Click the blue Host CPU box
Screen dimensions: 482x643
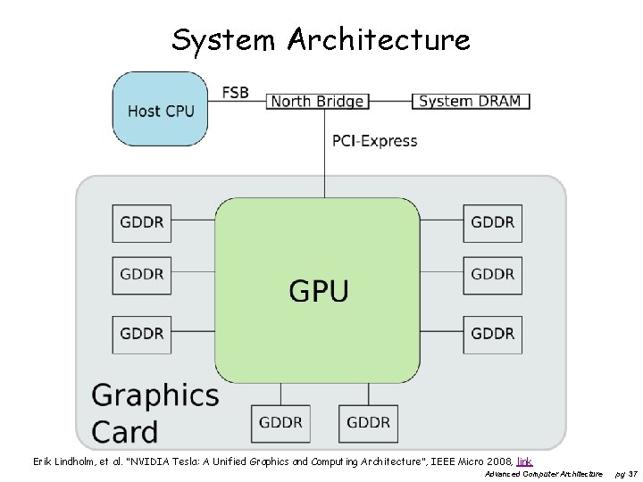click(x=160, y=109)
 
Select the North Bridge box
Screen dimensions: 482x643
click(x=317, y=102)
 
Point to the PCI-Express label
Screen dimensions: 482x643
click(x=374, y=140)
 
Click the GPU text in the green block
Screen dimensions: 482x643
click(x=318, y=290)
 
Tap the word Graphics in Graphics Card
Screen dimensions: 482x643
click(x=155, y=395)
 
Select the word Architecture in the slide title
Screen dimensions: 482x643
click(x=379, y=39)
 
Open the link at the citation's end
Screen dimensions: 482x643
click(x=524, y=461)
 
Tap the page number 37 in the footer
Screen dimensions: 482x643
click(x=633, y=473)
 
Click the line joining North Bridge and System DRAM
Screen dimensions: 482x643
click(x=389, y=101)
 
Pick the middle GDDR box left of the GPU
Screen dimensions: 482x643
click(x=142, y=275)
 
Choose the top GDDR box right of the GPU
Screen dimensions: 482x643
click(x=493, y=222)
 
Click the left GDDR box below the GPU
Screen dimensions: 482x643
click(x=281, y=421)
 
